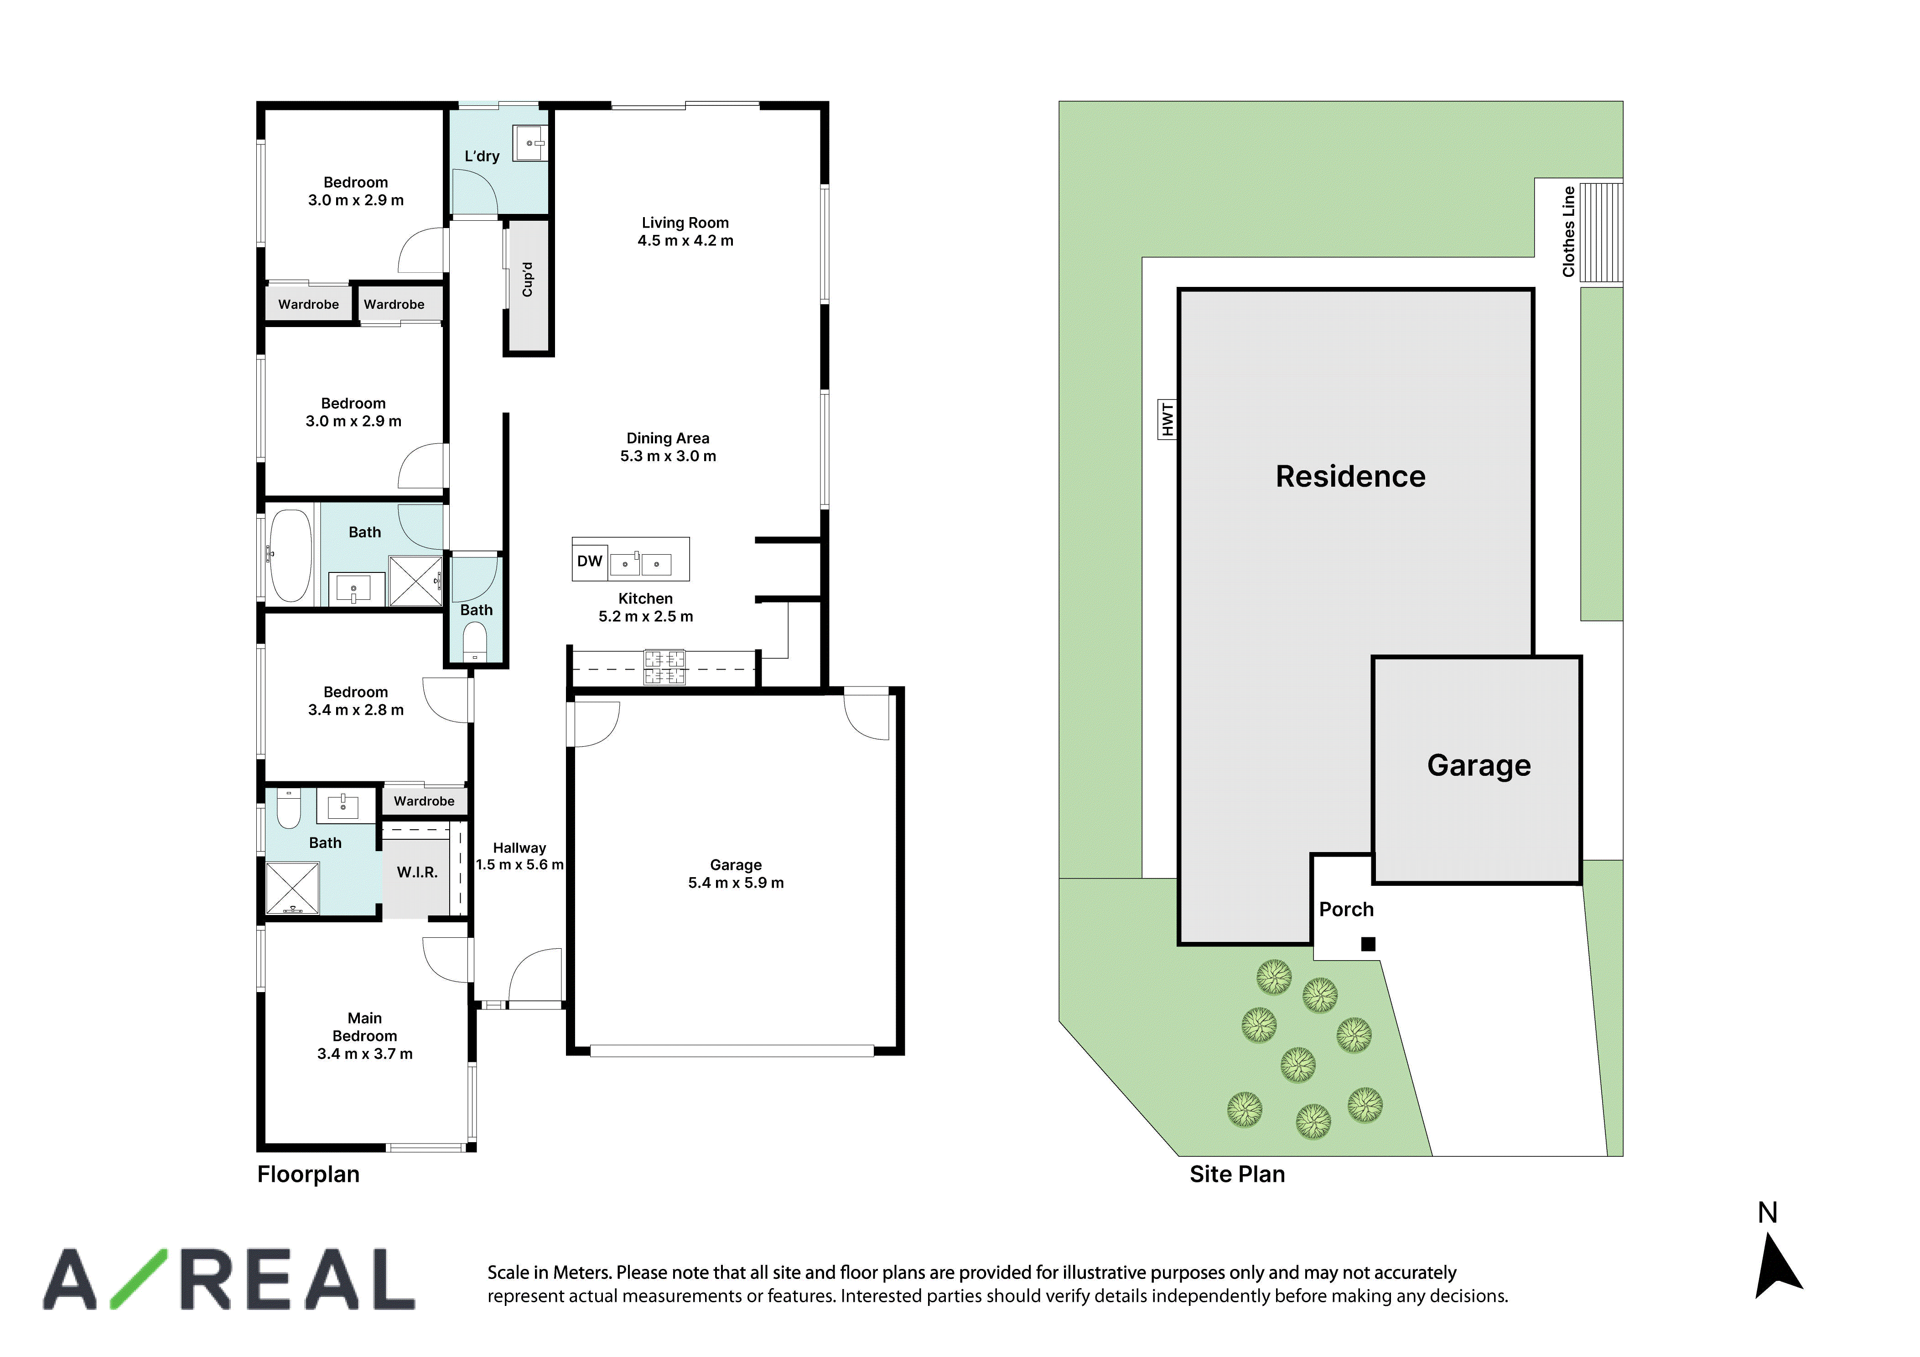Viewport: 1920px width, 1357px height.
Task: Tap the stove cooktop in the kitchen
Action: pyautogui.click(x=665, y=667)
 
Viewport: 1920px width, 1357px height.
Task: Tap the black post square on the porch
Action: pyautogui.click(x=1368, y=945)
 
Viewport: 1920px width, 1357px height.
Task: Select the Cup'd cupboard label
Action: pyautogui.click(x=528, y=280)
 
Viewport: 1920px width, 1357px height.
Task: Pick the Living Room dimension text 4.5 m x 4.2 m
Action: pyautogui.click(x=686, y=241)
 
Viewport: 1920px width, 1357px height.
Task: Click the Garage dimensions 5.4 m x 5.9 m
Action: pyautogui.click(x=736, y=883)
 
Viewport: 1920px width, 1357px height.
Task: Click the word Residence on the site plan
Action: pyautogui.click(x=1350, y=476)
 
